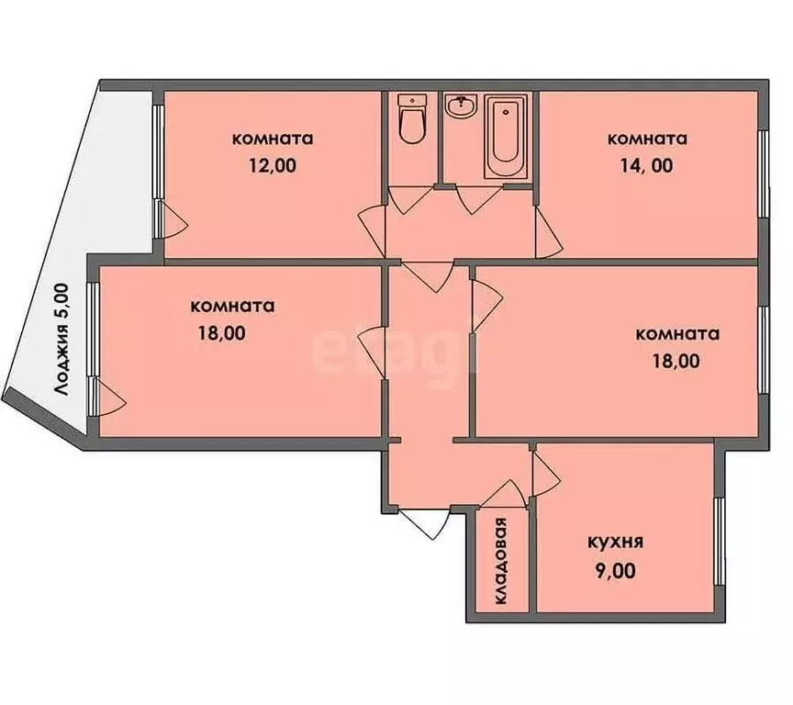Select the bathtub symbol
click(x=505, y=137)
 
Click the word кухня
click(x=614, y=542)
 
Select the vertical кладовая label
click(x=501, y=562)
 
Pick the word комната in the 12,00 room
click(x=273, y=140)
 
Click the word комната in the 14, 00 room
click(x=647, y=140)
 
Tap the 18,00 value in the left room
click(x=220, y=333)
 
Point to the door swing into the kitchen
click(x=545, y=470)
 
